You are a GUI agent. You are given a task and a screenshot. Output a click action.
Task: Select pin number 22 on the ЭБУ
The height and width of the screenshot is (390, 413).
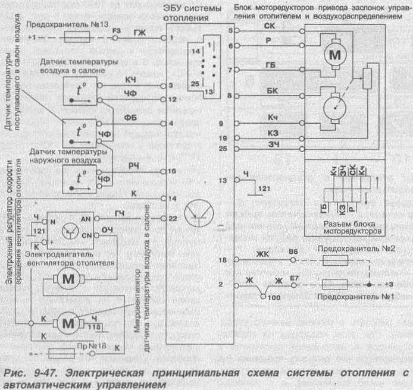pos(173,218)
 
